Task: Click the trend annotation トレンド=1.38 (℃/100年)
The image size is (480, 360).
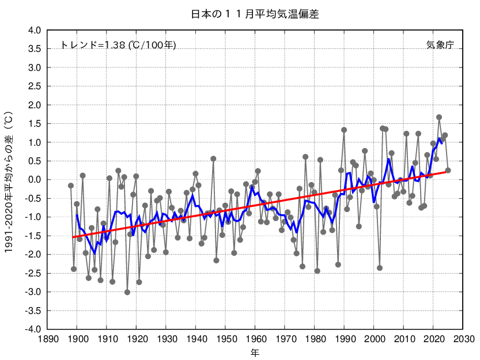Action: [118, 45]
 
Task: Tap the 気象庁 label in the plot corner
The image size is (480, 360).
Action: [440, 45]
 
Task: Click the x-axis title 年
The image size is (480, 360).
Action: [255, 351]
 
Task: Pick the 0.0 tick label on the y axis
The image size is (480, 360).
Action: [35, 180]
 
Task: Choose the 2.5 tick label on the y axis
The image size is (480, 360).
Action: [35, 86]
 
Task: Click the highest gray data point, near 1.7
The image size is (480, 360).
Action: [439, 117]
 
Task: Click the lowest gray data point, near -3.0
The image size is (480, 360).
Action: [127, 292]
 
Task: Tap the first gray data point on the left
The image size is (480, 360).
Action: [71, 185]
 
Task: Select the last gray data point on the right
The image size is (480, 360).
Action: [448, 170]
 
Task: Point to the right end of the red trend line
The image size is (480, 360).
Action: [445, 172]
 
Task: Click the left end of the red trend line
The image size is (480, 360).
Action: [74, 237]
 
